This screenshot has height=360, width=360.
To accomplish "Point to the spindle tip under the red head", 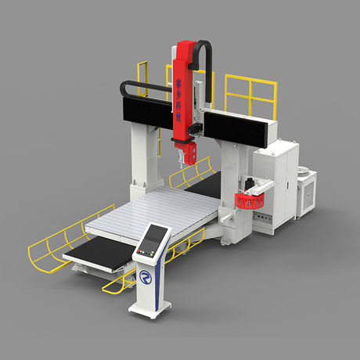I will pos(182,163).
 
